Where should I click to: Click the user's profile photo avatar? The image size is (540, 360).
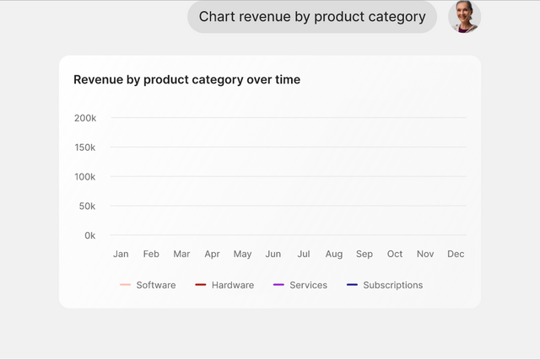464,17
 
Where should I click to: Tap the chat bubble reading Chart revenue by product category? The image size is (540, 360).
312,17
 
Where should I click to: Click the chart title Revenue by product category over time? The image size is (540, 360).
187,79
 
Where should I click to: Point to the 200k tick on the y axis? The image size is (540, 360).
85,118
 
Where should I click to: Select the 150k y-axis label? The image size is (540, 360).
85,148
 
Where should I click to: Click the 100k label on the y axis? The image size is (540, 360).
85,177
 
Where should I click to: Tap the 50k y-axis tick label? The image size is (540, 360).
87,207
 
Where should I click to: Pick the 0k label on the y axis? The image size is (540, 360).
90,235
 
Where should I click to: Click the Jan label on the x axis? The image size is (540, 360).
121,254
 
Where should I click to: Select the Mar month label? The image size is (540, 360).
181,254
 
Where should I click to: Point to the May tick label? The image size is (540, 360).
242,255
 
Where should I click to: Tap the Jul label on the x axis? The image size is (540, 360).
304,254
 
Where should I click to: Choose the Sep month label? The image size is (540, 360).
364,255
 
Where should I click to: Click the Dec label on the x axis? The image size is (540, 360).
456,254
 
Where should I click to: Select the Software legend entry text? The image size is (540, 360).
156,285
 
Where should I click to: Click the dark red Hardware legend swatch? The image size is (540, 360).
201,285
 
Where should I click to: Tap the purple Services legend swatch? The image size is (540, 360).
278,285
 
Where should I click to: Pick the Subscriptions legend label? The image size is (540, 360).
393,285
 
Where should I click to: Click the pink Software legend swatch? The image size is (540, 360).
126,285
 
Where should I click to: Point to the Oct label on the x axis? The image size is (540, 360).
395,254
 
